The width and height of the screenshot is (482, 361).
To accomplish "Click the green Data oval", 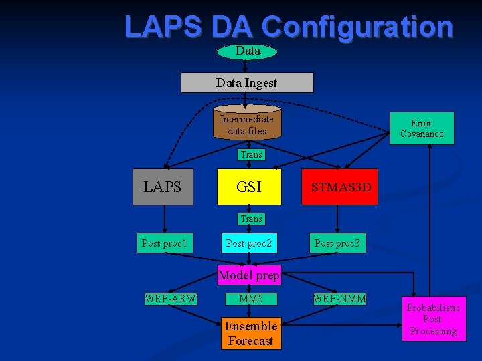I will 247,51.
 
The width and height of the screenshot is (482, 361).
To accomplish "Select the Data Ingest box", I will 247,83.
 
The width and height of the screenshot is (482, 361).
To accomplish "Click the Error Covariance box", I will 422,128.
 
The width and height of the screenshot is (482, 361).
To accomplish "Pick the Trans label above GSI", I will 251,154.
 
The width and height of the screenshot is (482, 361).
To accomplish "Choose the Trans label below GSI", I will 251,219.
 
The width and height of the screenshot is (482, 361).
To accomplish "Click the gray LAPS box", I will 163,187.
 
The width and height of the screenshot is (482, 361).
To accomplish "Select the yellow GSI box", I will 249,187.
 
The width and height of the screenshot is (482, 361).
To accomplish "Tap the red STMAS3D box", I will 340,187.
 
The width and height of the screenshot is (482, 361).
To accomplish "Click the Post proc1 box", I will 165,243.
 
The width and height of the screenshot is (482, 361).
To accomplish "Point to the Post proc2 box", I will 249,243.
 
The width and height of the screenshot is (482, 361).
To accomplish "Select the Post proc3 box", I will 337,243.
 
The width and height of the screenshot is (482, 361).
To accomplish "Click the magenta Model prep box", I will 249,275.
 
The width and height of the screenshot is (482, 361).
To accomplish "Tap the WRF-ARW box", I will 171,299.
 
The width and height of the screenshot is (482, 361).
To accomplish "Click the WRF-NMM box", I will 340,299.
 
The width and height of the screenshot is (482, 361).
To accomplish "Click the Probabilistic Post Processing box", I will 434,319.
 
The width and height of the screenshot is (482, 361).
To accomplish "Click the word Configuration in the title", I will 357,27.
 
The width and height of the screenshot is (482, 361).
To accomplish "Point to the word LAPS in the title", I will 163,27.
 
